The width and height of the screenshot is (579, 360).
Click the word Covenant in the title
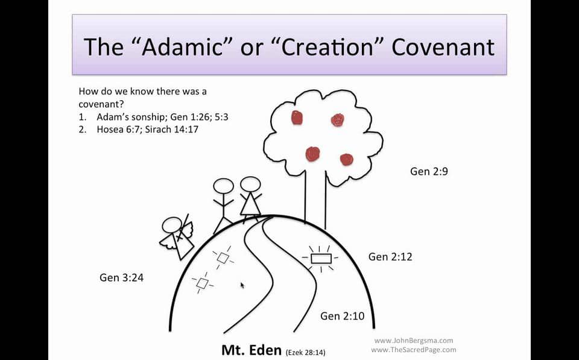[443, 46]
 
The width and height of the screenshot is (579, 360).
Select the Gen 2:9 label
[429, 171]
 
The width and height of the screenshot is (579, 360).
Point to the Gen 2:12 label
[390, 257]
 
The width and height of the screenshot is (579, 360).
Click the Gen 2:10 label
[342, 316]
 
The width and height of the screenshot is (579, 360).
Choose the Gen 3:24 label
[121, 278]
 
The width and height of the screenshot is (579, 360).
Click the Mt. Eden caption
[251, 350]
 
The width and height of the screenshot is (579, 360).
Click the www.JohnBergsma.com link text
[413, 341]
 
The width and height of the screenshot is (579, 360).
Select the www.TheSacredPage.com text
[413, 350]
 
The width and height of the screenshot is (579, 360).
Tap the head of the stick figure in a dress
[250, 184]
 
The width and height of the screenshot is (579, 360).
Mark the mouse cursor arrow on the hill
[242, 285]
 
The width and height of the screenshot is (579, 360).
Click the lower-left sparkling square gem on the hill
[201, 283]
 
